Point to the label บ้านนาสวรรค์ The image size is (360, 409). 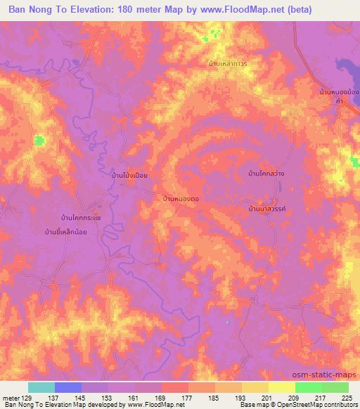(x=269, y=209)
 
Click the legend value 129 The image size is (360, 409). (x=27, y=397)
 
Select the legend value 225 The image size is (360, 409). (x=349, y=397)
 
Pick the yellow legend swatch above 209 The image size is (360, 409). (x=282, y=387)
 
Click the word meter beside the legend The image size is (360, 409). (x=11, y=397)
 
